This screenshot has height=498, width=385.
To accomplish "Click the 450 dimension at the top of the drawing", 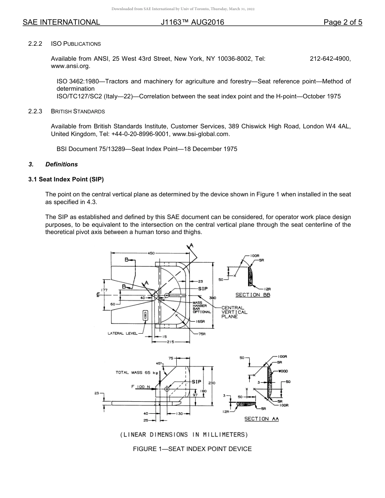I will coord(151,253).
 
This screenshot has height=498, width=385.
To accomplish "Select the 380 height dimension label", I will coord(212,298).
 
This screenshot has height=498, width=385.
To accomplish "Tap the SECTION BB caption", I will coord(253,295).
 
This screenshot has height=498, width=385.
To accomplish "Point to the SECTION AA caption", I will coord(261,419).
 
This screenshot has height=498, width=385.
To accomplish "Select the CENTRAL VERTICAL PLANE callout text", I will coord(234,312).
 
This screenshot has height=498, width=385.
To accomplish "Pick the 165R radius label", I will coord(200,321).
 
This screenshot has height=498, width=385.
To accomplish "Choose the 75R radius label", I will coord(202,334).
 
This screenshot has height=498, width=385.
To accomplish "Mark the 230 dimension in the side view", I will coord(212,383).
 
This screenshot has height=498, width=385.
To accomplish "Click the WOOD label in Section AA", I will coord(283,371).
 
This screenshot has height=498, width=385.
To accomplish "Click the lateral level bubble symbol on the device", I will coord(145,315).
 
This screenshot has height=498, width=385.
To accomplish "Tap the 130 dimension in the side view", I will coord(180,413).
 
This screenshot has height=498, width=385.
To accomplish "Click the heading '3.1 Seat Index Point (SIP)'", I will coord(66,179).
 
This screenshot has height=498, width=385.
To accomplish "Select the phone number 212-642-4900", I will coord(330,59).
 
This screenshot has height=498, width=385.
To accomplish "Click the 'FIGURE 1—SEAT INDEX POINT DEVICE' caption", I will coord(192,449).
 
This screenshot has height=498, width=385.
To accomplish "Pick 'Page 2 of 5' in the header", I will coord(342,22).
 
